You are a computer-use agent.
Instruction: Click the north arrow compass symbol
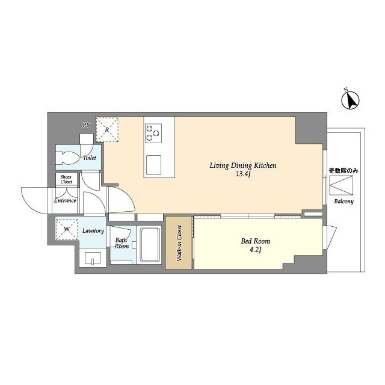point(350,100)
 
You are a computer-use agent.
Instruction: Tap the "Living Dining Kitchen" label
point(243,165)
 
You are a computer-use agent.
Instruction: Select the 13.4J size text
point(243,174)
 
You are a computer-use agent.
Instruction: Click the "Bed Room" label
point(255,241)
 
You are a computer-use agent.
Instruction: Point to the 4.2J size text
point(255,250)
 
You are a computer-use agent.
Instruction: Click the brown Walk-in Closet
point(179,242)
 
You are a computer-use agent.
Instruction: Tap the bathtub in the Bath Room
point(150,245)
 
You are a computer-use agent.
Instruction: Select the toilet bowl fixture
point(67,158)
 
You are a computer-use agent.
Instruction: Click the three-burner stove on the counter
point(153,134)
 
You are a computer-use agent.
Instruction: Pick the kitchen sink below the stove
point(154,165)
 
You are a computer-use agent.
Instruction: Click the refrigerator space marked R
point(107,129)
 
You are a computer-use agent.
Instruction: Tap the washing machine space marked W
point(67,229)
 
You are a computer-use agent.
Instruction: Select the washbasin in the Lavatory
point(93,258)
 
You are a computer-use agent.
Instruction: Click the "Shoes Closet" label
point(66,179)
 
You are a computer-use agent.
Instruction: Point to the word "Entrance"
point(65,200)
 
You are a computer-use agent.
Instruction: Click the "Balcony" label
point(343,202)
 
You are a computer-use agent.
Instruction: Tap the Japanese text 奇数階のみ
point(343,171)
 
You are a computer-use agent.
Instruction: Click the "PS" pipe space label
point(86,125)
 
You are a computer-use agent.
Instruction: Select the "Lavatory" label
point(93,231)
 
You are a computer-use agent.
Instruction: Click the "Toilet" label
point(90,158)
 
